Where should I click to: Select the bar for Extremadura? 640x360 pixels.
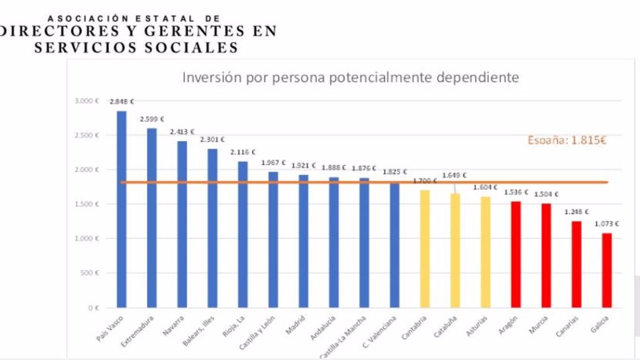pyautogui.click(x=152, y=217)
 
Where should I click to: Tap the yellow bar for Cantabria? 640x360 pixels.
pyautogui.click(x=425, y=249)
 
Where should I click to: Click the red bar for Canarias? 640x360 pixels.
pyautogui.click(x=576, y=264)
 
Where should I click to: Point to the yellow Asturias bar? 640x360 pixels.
pyautogui.click(x=486, y=252)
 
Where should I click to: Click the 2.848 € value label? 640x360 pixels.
pyautogui.click(x=122, y=101)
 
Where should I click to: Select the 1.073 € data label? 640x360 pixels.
pyautogui.click(x=606, y=224)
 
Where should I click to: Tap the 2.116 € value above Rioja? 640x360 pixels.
pyautogui.click(x=243, y=152)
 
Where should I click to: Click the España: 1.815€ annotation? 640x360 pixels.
pyautogui.click(x=567, y=140)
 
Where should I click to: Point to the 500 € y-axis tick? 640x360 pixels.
pyautogui.click(x=91, y=273)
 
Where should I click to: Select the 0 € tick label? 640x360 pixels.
pyautogui.click(x=93, y=308)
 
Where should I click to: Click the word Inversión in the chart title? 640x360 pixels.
pyautogui.click(x=209, y=78)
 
